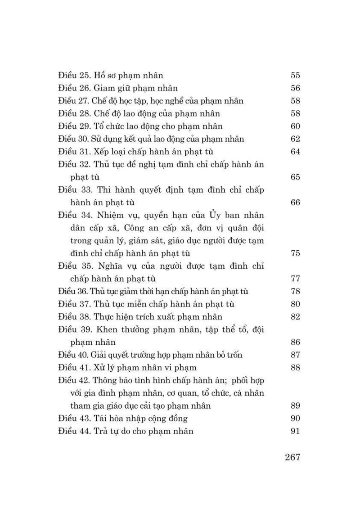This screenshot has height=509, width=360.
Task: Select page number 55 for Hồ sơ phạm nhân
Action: (x=295, y=76)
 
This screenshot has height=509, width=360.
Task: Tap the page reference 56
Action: (x=295, y=88)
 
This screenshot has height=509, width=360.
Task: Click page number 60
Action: (x=295, y=126)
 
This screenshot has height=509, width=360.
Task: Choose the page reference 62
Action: (x=295, y=139)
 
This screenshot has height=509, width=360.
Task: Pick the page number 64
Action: (x=295, y=152)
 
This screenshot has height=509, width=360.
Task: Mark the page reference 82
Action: (x=295, y=317)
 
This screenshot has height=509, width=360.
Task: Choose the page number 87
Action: (x=295, y=355)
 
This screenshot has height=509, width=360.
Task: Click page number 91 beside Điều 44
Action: (x=295, y=431)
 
